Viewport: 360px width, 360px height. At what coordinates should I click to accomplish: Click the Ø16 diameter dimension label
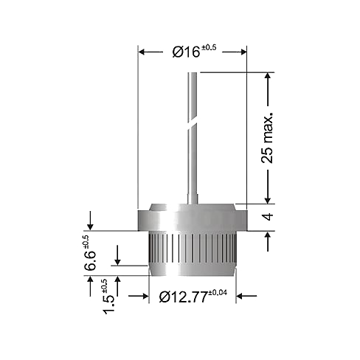click(x=186, y=52)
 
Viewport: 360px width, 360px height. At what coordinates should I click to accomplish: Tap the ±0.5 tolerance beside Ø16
click(x=209, y=47)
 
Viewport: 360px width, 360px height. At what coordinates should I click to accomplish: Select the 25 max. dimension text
click(x=267, y=138)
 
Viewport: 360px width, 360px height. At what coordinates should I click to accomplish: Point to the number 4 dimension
click(x=268, y=217)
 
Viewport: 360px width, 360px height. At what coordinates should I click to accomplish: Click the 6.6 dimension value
click(x=90, y=260)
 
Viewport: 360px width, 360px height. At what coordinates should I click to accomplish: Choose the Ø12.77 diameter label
click(x=184, y=297)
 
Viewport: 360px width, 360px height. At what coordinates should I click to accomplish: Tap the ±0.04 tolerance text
click(x=218, y=293)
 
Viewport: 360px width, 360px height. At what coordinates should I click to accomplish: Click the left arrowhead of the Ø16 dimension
click(x=142, y=52)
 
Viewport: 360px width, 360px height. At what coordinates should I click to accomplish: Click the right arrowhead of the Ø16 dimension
click(x=243, y=52)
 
